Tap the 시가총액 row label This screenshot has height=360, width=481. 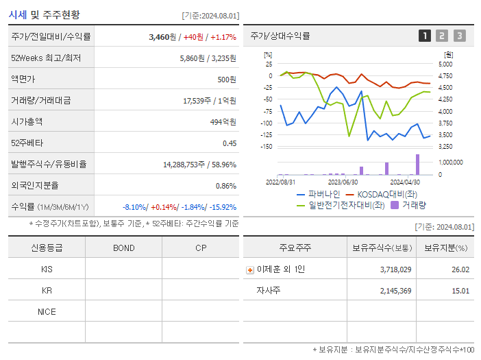27,121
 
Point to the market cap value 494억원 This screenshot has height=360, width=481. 223,122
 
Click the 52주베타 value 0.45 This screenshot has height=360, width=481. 229,143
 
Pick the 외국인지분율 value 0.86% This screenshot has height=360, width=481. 225,186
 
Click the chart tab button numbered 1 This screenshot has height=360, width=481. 425,36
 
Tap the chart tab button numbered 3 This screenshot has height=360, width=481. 459,36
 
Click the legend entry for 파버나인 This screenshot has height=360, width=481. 319,194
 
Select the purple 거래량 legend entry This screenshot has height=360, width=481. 408,204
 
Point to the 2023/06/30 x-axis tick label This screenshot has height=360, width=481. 343,182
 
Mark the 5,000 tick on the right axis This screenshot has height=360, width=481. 445,64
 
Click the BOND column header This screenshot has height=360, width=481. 123,248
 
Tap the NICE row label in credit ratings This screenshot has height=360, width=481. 47,311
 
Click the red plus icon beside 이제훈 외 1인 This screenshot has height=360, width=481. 250,270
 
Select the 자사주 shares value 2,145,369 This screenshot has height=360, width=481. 395,291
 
